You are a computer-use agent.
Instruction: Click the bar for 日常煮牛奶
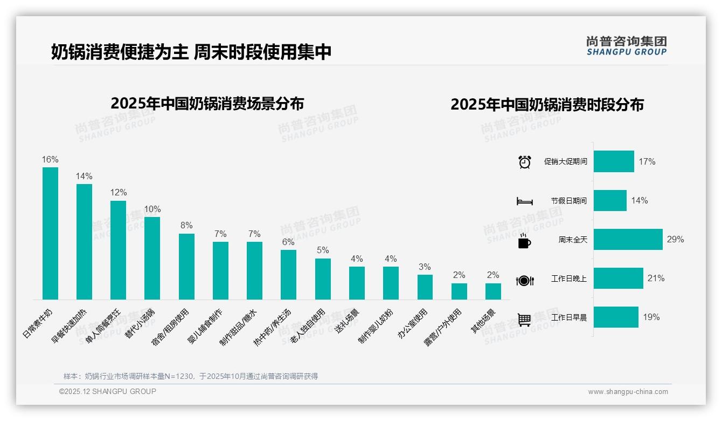tap(50, 233)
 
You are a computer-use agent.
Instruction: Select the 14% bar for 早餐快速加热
tap(84, 241)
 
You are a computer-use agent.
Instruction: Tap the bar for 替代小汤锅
tap(152, 258)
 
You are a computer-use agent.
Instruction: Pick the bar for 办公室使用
tap(425, 287)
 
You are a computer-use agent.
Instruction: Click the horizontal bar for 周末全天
tap(628, 239)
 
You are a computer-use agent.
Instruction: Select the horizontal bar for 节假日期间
tap(610, 200)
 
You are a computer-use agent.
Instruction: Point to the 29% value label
tap(675, 239)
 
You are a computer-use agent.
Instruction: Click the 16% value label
tap(50, 160)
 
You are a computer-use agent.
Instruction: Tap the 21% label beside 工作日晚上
tap(656, 279)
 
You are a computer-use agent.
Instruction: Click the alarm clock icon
tap(524, 162)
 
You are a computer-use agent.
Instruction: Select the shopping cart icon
tap(524, 320)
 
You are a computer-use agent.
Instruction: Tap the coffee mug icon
tap(524, 241)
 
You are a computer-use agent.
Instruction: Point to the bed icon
tap(524, 201)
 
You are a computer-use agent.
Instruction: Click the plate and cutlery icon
tap(524, 280)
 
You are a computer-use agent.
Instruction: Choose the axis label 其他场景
tap(483, 321)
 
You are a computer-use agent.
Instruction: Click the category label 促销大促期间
tap(565, 162)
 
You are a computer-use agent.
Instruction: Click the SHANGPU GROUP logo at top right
tap(626, 46)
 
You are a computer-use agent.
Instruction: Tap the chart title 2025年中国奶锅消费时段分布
tap(547, 104)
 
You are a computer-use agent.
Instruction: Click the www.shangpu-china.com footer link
tap(628, 392)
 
